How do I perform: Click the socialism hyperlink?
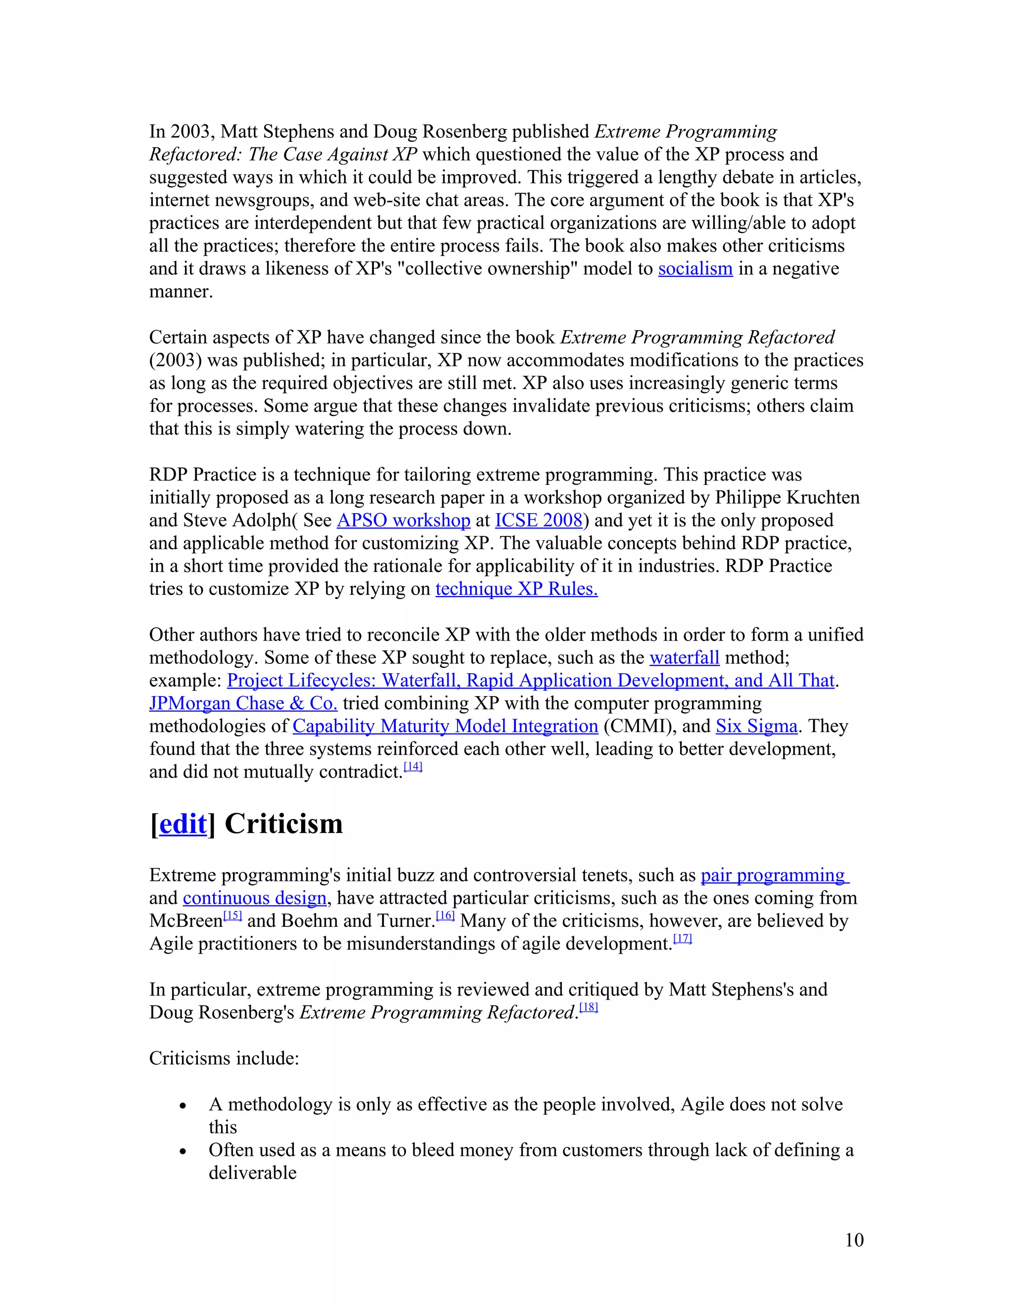coord(695,269)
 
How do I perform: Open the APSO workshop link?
coord(403,520)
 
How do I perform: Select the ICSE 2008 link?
coord(538,520)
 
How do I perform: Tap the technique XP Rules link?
coord(516,589)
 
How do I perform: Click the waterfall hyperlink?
coord(684,657)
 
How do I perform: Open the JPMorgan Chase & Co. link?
coord(243,703)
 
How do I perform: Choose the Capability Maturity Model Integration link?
coord(445,726)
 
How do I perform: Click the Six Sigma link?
coord(756,726)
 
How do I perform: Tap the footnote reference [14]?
coord(413,767)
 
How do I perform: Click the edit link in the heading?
coord(183,824)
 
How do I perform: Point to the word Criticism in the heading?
coord(283,824)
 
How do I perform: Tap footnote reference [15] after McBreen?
coord(232,916)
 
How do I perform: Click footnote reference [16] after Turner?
coord(445,916)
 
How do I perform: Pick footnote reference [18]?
coord(589,1007)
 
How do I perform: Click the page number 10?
coord(854,1240)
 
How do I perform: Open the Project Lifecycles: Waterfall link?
coord(531,680)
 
